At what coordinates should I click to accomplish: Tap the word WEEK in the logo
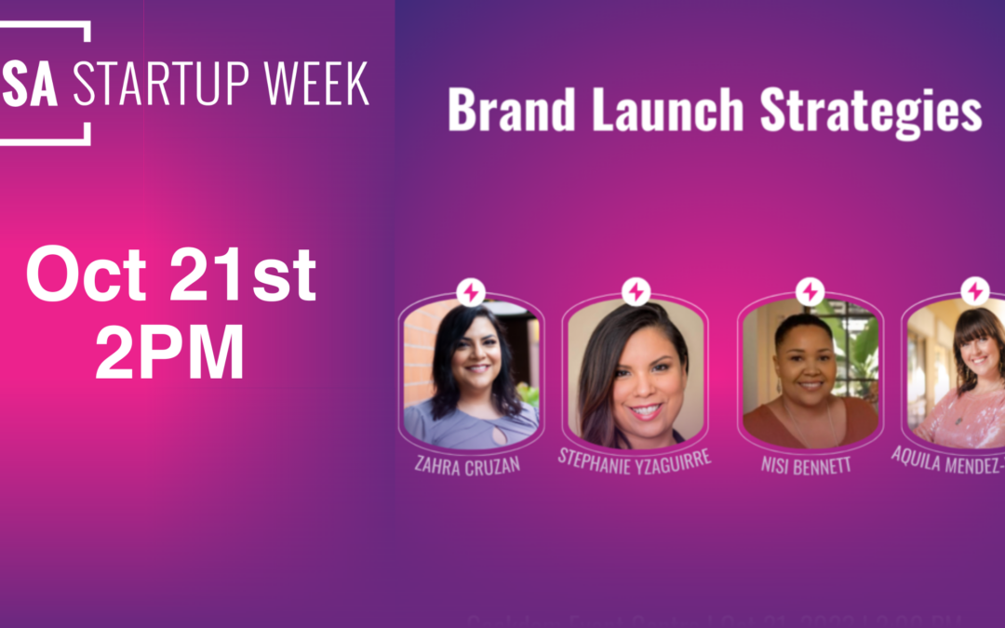317,86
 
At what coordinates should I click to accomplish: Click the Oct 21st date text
171,276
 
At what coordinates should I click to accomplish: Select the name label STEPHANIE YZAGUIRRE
634,458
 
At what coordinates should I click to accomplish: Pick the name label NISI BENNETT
806,463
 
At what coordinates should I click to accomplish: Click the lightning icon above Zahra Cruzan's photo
471,292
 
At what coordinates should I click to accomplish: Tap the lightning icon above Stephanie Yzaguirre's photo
636,291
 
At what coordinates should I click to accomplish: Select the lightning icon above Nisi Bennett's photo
810,291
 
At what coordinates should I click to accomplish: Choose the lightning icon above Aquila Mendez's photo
975,291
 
